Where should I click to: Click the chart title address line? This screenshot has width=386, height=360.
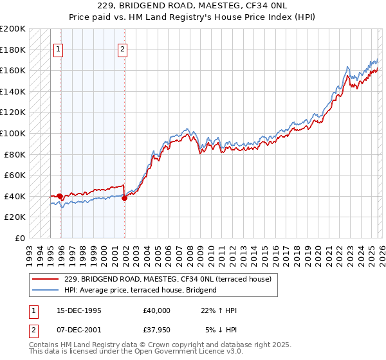pyautogui.click(x=193, y=6)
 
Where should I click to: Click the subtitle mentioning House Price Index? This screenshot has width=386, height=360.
pyautogui.click(x=193, y=17)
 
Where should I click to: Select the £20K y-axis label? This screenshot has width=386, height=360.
pyautogui.click(x=15, y=217)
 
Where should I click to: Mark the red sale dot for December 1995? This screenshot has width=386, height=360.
pyautogui.click(x=60, y=196)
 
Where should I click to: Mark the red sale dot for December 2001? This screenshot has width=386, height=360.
pyautogui.click(x=124, y=199)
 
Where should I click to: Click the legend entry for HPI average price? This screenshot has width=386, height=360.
pyautogui.click(x=140, y=290)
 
